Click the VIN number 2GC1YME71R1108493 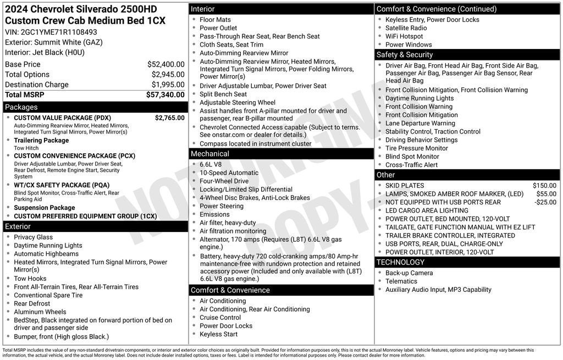[59, 32]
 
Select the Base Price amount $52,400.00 [165, 64]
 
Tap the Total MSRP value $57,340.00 [165, 95]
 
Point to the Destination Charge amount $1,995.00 [168, 85]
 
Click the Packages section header [21, 107]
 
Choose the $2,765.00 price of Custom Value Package [169, 118]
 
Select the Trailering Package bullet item [41, 140]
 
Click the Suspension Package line [44, 208]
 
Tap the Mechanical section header [210, 154]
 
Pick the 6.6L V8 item [212, 164]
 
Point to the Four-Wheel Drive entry [224, 181]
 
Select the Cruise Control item [220, 317]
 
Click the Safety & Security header [405, 54]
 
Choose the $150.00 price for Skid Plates [544, 186]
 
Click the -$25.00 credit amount [545, 202]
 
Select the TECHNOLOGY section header [401, 262]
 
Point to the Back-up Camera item [409, 273]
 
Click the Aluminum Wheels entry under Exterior [40, 312]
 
